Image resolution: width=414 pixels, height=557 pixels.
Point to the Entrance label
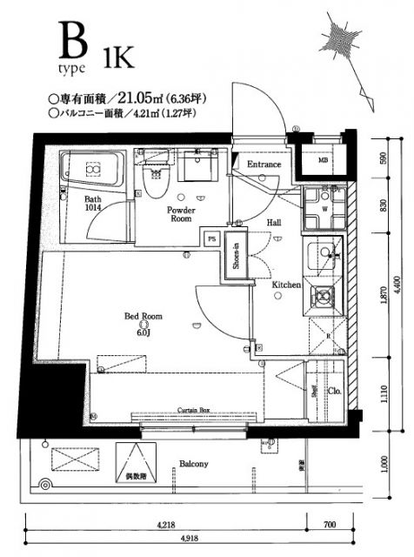click(264, 164)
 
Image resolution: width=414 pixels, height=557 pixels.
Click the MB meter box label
click(323, 160)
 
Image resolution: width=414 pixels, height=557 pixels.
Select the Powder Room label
click(180, 215)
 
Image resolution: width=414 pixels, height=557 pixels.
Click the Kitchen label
click(286, 285)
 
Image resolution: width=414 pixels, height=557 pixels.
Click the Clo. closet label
click(333, 391)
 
